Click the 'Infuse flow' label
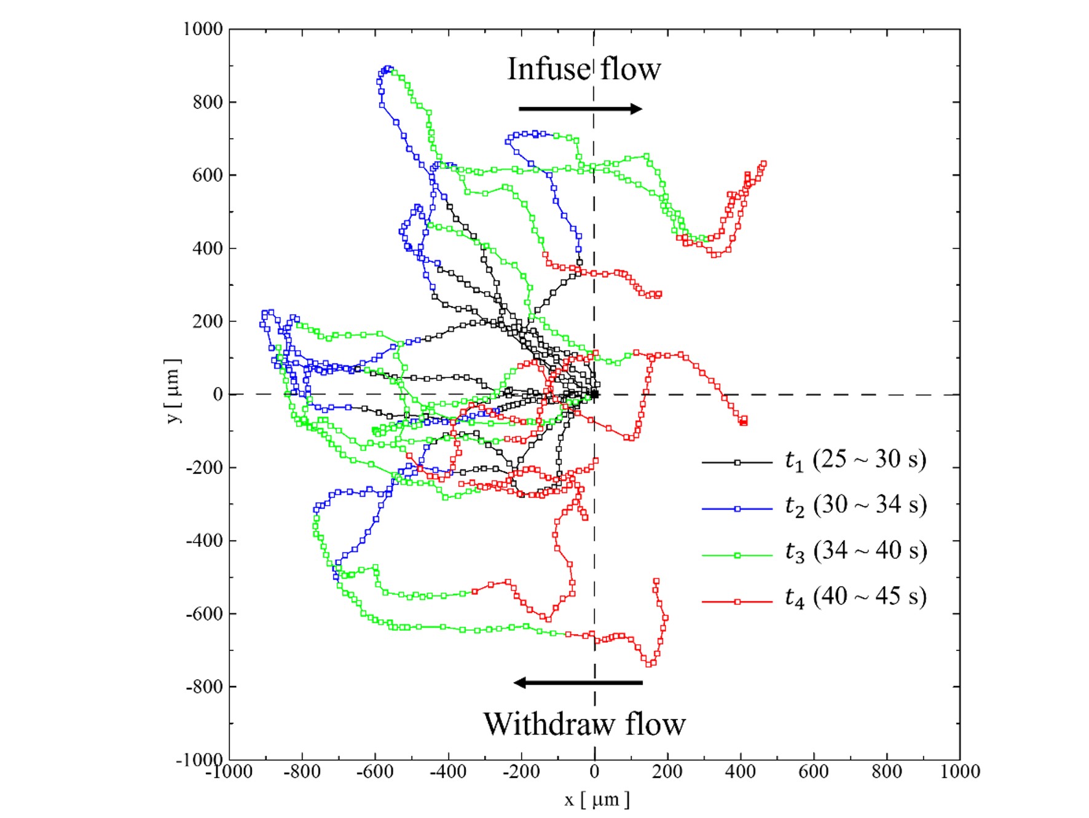point(583,69)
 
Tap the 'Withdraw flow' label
point(584,724)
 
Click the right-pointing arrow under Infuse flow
point(580,109)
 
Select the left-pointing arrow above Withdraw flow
point(578,682)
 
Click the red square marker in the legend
point(737,602)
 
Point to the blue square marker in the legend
point(737,509)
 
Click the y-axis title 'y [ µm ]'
point(174,391)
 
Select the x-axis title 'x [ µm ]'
point(597,800)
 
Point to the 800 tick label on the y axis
point(207,102)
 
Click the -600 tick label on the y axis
point(204,613)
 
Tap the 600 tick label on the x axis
point(814,772)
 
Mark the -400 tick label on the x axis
point(448,772)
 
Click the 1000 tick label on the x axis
point(960,772)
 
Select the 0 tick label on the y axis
point(218,395)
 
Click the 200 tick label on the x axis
point(667,772)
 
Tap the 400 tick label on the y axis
point(207,248)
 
